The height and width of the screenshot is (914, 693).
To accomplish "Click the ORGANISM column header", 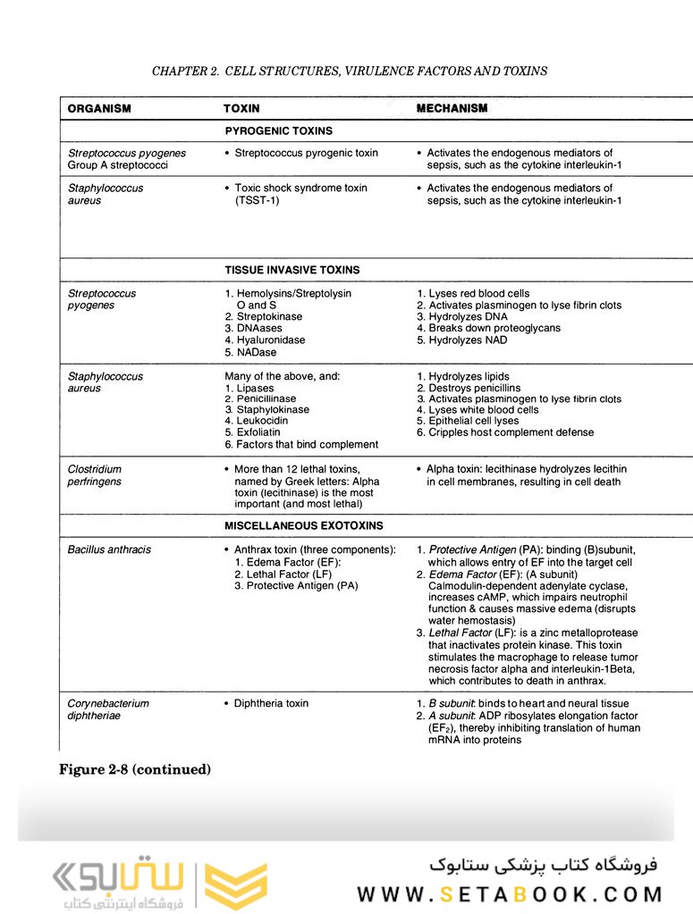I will pyautogui.click(x=99, y=108).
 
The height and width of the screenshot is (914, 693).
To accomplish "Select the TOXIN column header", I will pyautogui.click(x=241, y=108).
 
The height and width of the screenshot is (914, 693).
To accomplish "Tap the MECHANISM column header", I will pyautogui.click(x=452, y=108).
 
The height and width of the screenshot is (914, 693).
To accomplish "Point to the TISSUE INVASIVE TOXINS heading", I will pyautogui.click(x=292, y=270).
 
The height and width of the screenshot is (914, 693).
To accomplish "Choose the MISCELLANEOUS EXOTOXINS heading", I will pyautogui.click(x=304, y=526).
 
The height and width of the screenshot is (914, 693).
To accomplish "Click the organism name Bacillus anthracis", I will pyautogui.click(x=109, y=549).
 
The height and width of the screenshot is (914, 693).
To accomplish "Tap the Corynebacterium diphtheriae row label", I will pyautogui.click(x=108, y=709).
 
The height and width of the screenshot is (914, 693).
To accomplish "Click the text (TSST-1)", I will pyautogui.click(x=258, y=201).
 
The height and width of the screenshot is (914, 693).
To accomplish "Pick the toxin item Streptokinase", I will pyautogui.click(x=268, y=317).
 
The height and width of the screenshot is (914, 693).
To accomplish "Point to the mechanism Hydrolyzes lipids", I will pyautogui.click(x=469, y=376).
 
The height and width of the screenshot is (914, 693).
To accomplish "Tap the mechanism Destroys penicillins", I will pyautogui.click(x=474, y=388).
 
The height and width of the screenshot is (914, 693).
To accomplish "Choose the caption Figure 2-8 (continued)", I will pyautogui.click(x=135, y=769).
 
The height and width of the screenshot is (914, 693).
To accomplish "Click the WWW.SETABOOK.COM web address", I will pyautogui.click(x=510, y=893).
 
